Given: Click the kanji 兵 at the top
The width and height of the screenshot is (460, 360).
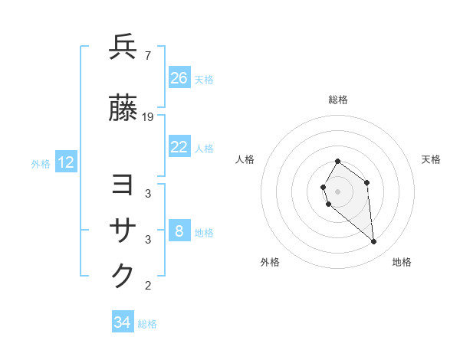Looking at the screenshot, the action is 123,47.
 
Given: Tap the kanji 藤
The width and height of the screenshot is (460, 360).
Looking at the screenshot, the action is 123,109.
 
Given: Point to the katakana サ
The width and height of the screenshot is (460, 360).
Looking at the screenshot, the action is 123,231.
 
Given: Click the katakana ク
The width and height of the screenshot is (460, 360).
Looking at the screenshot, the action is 123,276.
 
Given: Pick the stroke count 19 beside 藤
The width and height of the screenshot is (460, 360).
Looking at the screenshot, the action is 149,117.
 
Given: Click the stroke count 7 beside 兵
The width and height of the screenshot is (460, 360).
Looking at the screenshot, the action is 147,55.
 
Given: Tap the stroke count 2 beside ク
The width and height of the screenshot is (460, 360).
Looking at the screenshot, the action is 148,286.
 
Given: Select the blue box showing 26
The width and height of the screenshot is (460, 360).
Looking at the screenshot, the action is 179,78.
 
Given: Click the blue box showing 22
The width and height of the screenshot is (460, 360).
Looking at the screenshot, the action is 179,148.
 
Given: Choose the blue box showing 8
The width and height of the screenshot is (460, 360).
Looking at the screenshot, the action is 179,231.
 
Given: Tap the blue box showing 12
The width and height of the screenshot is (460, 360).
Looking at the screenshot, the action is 66,162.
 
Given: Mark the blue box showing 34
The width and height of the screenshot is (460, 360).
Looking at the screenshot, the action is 123,323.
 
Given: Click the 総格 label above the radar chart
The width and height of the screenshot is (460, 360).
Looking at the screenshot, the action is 338,100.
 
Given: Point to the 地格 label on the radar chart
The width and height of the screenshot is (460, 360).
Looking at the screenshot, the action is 402,262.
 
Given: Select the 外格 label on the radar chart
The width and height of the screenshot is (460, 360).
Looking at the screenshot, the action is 270,262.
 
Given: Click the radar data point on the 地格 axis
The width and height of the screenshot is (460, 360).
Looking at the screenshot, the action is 374,242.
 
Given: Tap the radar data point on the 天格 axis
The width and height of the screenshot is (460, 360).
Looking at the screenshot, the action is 367,182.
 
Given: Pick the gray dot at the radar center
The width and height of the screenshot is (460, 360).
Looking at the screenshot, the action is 337,191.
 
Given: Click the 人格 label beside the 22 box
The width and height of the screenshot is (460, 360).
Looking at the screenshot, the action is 204,149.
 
